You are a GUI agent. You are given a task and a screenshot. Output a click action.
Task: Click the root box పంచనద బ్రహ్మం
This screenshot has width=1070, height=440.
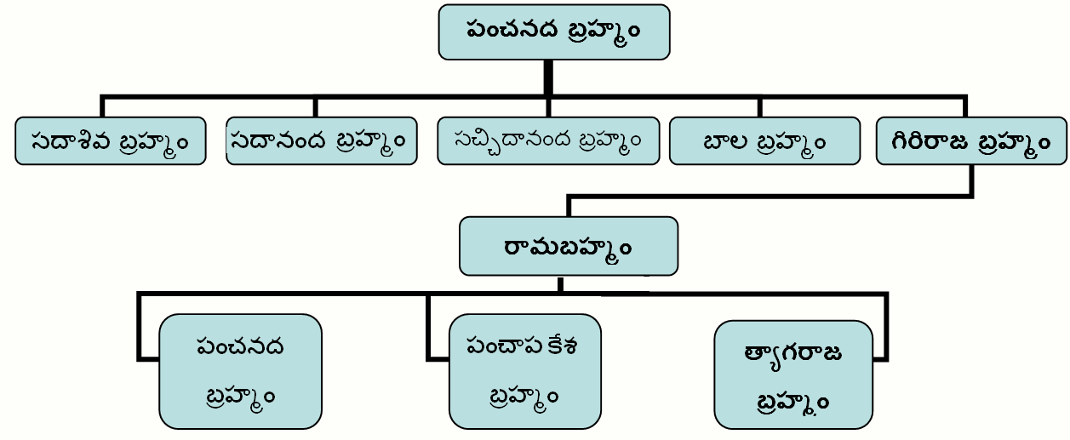tap(554, 32)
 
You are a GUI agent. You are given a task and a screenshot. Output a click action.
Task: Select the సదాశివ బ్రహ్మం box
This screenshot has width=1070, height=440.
tap(111, 140)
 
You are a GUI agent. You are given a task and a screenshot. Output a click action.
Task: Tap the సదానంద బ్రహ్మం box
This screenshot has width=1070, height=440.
tap(322, 140)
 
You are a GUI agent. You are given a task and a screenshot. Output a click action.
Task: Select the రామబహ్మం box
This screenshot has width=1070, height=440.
tap(569, 246)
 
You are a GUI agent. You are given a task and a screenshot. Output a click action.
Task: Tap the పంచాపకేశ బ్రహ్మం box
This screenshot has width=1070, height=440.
tap(524, 371)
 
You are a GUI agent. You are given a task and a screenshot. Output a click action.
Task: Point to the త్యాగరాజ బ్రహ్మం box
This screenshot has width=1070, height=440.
tap(793, 374)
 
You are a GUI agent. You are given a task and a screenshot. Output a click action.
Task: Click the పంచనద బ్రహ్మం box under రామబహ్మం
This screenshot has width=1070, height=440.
tap(240, 371)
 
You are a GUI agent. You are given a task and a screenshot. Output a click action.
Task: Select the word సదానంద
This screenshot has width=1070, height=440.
tap(279, 140)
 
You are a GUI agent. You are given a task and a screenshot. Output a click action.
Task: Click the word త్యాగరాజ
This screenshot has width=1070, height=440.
tap(793, 353)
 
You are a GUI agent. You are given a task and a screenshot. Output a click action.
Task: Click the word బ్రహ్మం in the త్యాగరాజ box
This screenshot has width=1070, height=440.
tap(793, 400)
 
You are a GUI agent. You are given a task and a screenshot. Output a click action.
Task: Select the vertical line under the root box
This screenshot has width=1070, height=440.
tap(548, 77)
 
